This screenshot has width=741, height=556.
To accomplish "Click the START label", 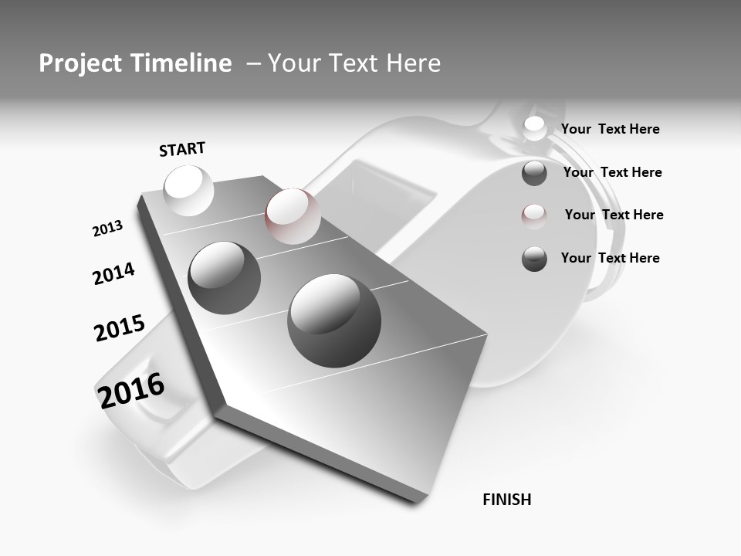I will click(182, 149).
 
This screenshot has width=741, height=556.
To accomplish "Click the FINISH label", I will click(507, 500).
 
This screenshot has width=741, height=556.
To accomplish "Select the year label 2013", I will click(107, 229).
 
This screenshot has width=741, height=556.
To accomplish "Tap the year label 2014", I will click(113, 273).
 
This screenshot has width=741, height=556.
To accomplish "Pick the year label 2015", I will click(120, 328).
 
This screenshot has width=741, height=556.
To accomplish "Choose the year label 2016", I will click(131, 390).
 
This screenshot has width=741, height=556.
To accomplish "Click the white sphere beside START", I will click(189, 190).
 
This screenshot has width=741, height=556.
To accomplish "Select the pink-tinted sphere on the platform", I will click(293, 215).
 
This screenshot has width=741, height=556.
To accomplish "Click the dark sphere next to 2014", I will click(225, 277).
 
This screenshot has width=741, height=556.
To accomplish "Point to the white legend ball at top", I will click(534, 128).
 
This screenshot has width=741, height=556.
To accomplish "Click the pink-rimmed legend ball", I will click(534, 215).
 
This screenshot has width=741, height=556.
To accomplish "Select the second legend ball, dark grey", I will click(534, 173).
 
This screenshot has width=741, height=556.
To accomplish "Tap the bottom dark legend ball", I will click(534, 259).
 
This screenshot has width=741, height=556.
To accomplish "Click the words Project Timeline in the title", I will click(135, 63).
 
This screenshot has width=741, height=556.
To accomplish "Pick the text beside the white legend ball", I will click(610, 129).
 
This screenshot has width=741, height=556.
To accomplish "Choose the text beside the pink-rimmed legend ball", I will click(614, 215).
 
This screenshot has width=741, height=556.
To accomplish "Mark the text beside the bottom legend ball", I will click(610, 258).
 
